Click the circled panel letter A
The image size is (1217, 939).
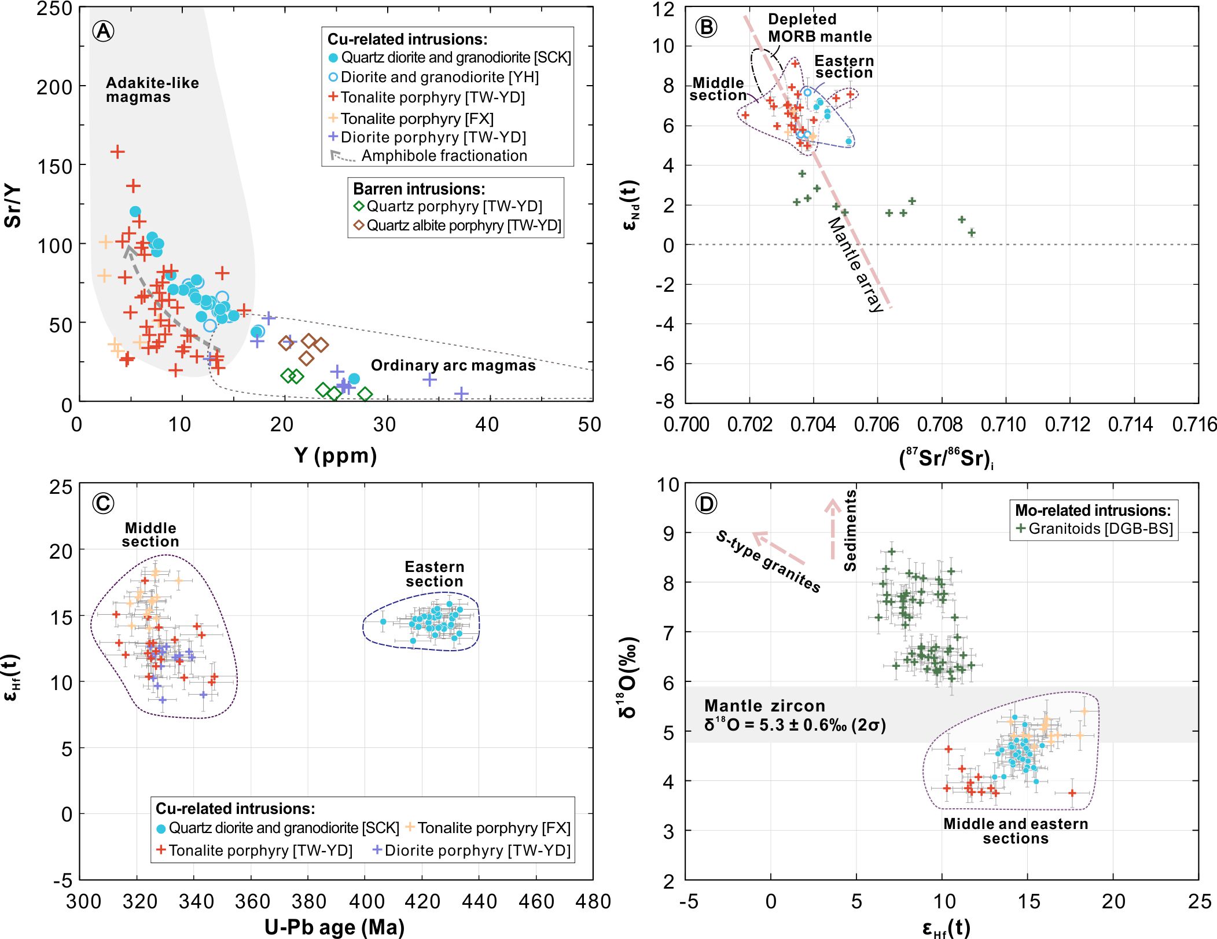(x=104, y=31)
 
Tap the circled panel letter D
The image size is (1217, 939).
(x=706, y=503)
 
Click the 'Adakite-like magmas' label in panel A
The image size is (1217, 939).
(x=152, y=90)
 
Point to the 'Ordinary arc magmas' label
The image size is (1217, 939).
(x=453, y=365)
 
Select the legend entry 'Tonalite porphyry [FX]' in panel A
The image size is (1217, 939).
(x=417, y=119)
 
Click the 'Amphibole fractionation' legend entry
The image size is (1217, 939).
(x=444, y=156)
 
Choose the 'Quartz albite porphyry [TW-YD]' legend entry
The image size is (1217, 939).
(x=464, y=225)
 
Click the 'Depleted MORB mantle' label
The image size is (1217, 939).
(x=819, y=28)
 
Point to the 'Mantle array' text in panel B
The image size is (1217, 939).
(x=856, y=264)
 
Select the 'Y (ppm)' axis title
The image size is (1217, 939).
(x=335, y=456)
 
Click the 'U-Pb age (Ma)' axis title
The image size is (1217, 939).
(x=334, y=927)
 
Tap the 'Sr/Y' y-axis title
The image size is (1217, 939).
(x=13, y=206)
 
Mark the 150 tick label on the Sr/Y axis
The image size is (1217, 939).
(x=54, y=167)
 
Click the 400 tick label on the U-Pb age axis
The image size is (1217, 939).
(x=366, y=901)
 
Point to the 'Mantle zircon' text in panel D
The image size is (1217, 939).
(x=764, y=706)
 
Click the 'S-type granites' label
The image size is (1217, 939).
(x=768, y=561)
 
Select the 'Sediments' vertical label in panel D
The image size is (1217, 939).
(x=850, y=530)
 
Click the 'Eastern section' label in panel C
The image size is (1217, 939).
(x=434, y=574)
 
